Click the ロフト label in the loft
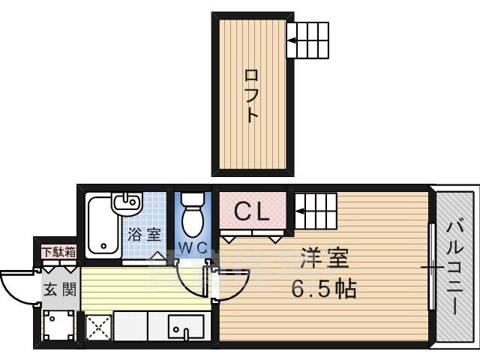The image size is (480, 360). [x=252, y=96]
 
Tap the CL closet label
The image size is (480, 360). [x=252, y=211]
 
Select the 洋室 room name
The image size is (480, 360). [x=324, y=258]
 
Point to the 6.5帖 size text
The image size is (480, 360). [x=324, y=289]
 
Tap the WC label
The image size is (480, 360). [x=193, y=248]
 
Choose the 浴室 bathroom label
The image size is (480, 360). [x=144, y=235]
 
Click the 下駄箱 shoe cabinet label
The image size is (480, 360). [x=58, y=252]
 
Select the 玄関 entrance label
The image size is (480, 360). [x=60, y=289]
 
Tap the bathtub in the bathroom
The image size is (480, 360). [x=103, y=227]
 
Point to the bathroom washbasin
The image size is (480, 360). [x=127, y=202]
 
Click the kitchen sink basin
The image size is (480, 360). [x=185, y=327]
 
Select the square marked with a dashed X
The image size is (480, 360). [x=98, y=328]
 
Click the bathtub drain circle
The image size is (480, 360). [x=103, y=246]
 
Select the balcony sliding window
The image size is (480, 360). [x=432, y=267]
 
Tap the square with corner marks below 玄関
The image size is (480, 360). [x=58, y=325]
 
